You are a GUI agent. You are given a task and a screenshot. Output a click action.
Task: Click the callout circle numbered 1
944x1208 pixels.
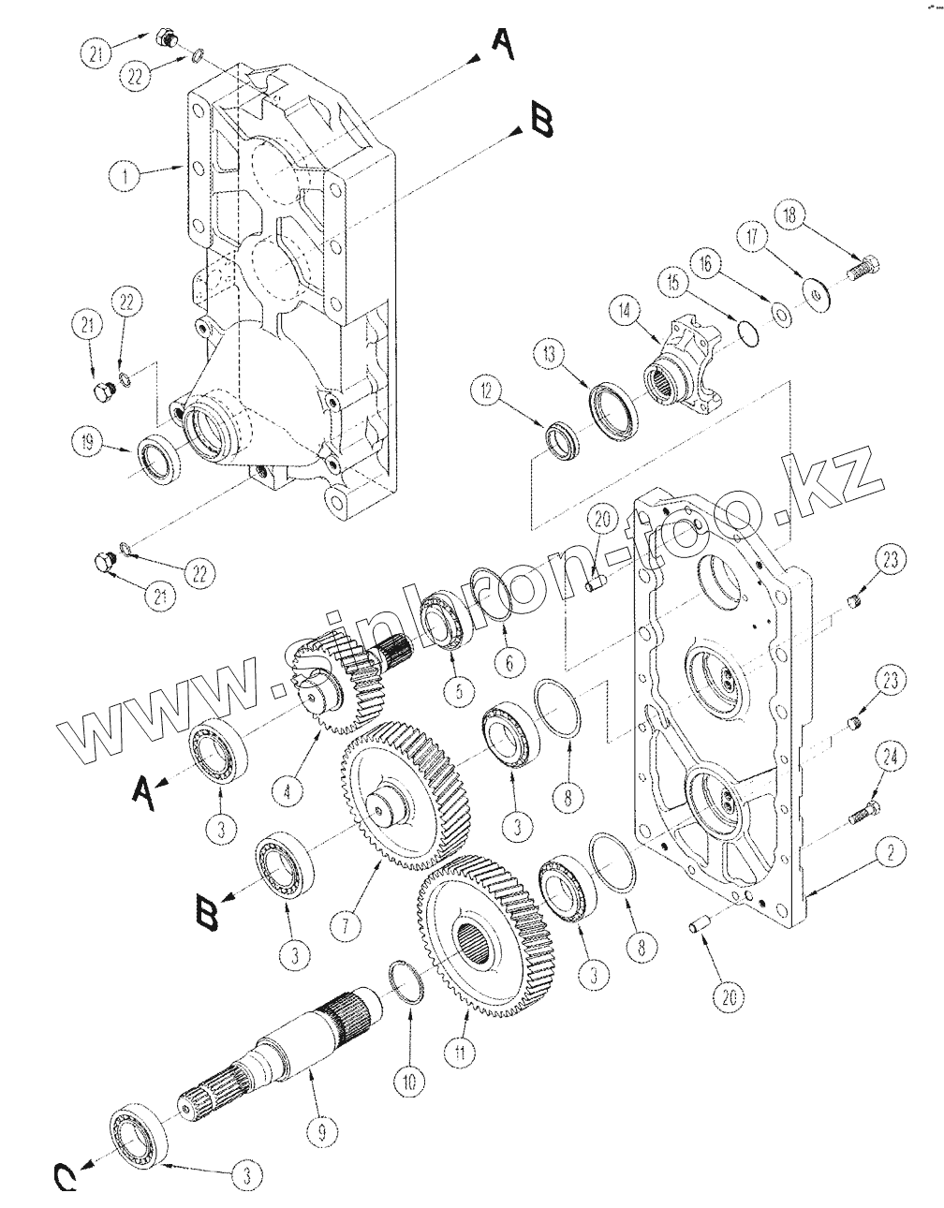point(125,177)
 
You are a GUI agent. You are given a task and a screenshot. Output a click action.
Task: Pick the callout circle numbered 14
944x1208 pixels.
point(626,313)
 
